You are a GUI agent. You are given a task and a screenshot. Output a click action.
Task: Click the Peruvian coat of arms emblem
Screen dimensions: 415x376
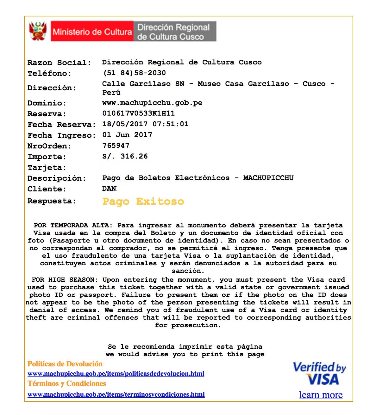(38, 31)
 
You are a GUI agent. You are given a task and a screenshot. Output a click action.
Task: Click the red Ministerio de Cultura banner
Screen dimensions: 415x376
(92, 32)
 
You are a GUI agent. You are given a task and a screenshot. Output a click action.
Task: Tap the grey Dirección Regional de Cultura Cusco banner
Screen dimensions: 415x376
(175, 32)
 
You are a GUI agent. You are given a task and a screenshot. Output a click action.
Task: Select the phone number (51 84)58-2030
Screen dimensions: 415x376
(134, 73)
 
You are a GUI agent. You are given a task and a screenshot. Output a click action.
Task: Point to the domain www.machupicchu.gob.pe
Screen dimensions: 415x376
(152, 103)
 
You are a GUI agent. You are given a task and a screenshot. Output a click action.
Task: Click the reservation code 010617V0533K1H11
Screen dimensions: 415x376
(138, 113)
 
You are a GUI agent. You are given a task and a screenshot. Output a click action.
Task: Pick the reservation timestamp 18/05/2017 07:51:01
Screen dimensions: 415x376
(145, 124)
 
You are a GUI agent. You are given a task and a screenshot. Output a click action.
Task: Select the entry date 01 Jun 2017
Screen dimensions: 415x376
(127, 135)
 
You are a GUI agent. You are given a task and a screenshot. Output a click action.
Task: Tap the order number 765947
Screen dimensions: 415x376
(116, 146)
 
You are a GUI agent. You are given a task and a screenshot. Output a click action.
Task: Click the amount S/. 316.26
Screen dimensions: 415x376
(125, 156)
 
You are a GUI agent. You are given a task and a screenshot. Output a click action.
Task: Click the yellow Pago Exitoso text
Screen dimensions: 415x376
(143, 201)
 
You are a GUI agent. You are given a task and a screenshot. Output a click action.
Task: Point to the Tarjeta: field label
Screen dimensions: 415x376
(47, 167)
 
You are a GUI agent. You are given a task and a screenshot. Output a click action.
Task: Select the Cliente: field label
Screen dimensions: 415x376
(47, 189)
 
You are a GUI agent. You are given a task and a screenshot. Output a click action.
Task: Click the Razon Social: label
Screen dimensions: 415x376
(59, 63)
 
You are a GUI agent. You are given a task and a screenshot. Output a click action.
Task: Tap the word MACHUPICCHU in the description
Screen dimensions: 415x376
(268, 178)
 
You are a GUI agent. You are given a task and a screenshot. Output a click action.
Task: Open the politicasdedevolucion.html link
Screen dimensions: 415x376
(116, 374)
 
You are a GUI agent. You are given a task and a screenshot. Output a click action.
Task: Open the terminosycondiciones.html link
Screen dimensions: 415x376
(116, 394)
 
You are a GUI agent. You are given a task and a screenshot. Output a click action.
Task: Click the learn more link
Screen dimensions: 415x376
(321, 395)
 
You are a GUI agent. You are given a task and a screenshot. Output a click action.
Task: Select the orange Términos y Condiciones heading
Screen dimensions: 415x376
(67, 384)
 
